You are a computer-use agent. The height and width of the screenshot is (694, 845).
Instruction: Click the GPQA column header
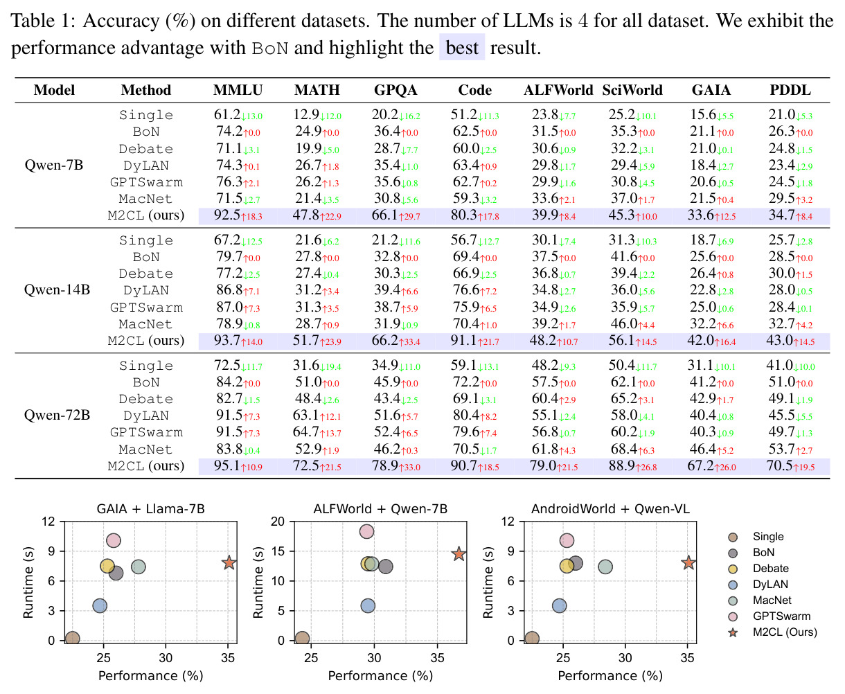tap(395, 90)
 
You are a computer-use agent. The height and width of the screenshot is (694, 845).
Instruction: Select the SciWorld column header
tap(632, 90)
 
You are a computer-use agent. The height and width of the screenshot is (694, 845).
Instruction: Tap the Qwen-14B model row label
tap(57, 290)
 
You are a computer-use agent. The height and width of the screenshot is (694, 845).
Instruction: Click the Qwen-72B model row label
tap(57, 415)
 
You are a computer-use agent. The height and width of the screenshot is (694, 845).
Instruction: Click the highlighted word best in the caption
tap(462, 47)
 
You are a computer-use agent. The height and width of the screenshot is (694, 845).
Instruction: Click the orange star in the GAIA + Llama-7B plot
tap(229, 562)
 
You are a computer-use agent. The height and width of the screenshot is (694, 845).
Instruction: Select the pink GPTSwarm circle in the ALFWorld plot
tap(366, 531)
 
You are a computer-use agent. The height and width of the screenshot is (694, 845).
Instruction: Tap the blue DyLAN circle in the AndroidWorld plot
tap(559, 605)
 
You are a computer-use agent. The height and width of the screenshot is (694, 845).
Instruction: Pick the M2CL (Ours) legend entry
tap(772, 632)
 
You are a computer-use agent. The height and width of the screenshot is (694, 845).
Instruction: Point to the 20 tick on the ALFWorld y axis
tap(277, 522)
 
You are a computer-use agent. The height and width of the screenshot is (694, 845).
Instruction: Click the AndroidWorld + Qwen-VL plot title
tap(610, 509)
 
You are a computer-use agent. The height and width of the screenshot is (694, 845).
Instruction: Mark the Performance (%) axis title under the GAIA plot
tap(151, 675)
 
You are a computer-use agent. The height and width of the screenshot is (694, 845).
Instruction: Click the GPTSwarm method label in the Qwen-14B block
tap(146, 308)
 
